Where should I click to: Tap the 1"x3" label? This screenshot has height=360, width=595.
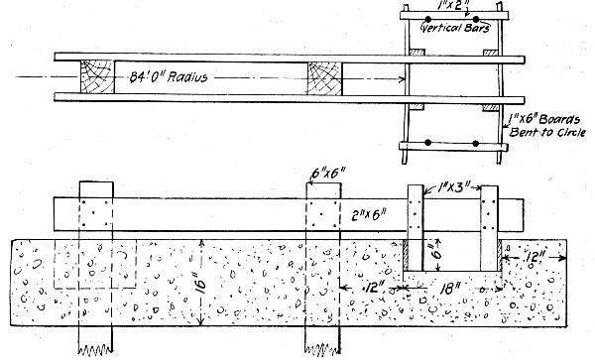pyautogui.click(x=454, y=184)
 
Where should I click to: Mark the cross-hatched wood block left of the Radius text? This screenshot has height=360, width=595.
pyautogui.click(x=97, y=76)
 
